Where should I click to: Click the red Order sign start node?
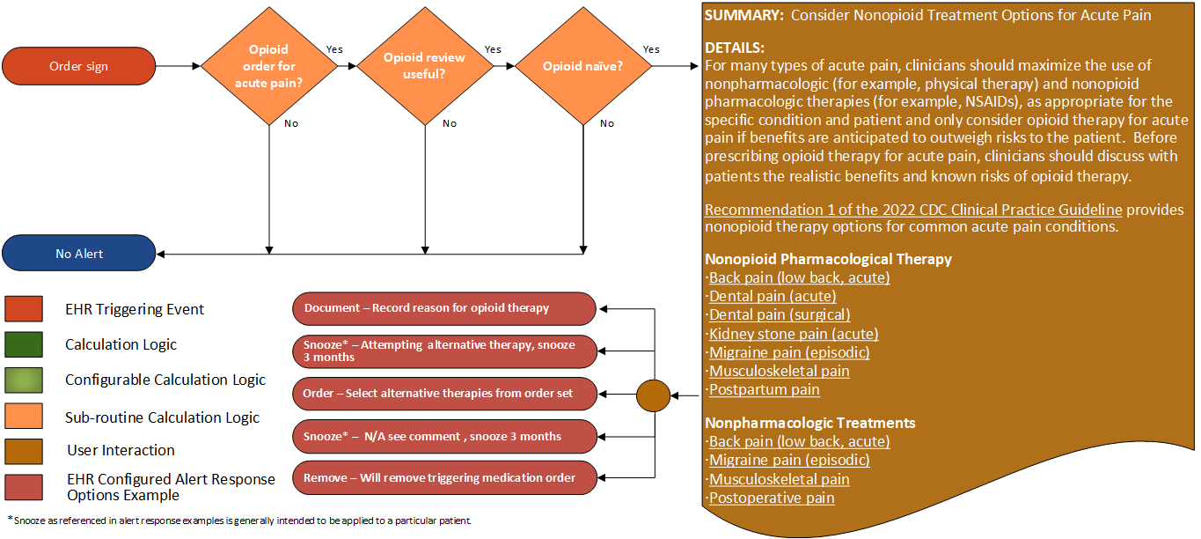click(79, 66)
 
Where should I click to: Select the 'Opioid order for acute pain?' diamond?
click(268, 66)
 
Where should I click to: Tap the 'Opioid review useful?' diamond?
click(425, 66)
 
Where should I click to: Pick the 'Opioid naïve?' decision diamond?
click(582, 66)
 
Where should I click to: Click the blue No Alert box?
click(79, 254)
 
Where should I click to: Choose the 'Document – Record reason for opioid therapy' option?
click(443, 308)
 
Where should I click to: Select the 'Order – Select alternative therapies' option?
click(443, 394)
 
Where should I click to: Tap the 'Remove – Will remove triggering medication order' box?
click(443, 477)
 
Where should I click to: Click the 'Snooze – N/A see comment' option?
click(443, 436)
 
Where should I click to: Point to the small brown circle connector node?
click(653, 395)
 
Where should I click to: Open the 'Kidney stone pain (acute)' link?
click(794, 334)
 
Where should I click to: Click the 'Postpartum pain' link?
click(765, 389)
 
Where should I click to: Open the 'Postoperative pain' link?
click(772, 498)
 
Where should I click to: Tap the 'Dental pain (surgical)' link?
click(780, 315)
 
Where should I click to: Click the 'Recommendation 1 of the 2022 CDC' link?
click(913, 210)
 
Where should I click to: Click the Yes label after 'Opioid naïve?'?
click(651, 49)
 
